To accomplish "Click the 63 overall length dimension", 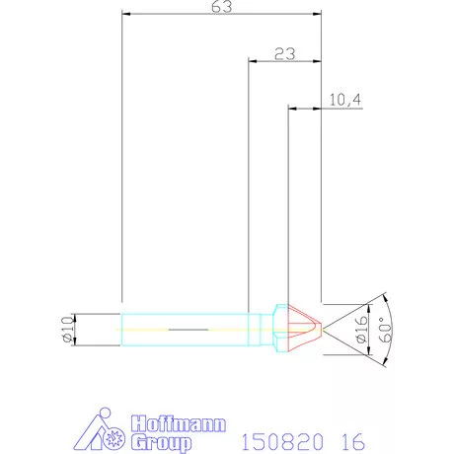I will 222,7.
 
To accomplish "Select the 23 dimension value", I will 284,53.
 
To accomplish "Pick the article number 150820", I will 271,434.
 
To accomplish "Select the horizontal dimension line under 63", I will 222,15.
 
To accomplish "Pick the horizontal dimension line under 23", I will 284,61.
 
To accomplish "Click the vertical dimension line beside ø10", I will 77,327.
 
